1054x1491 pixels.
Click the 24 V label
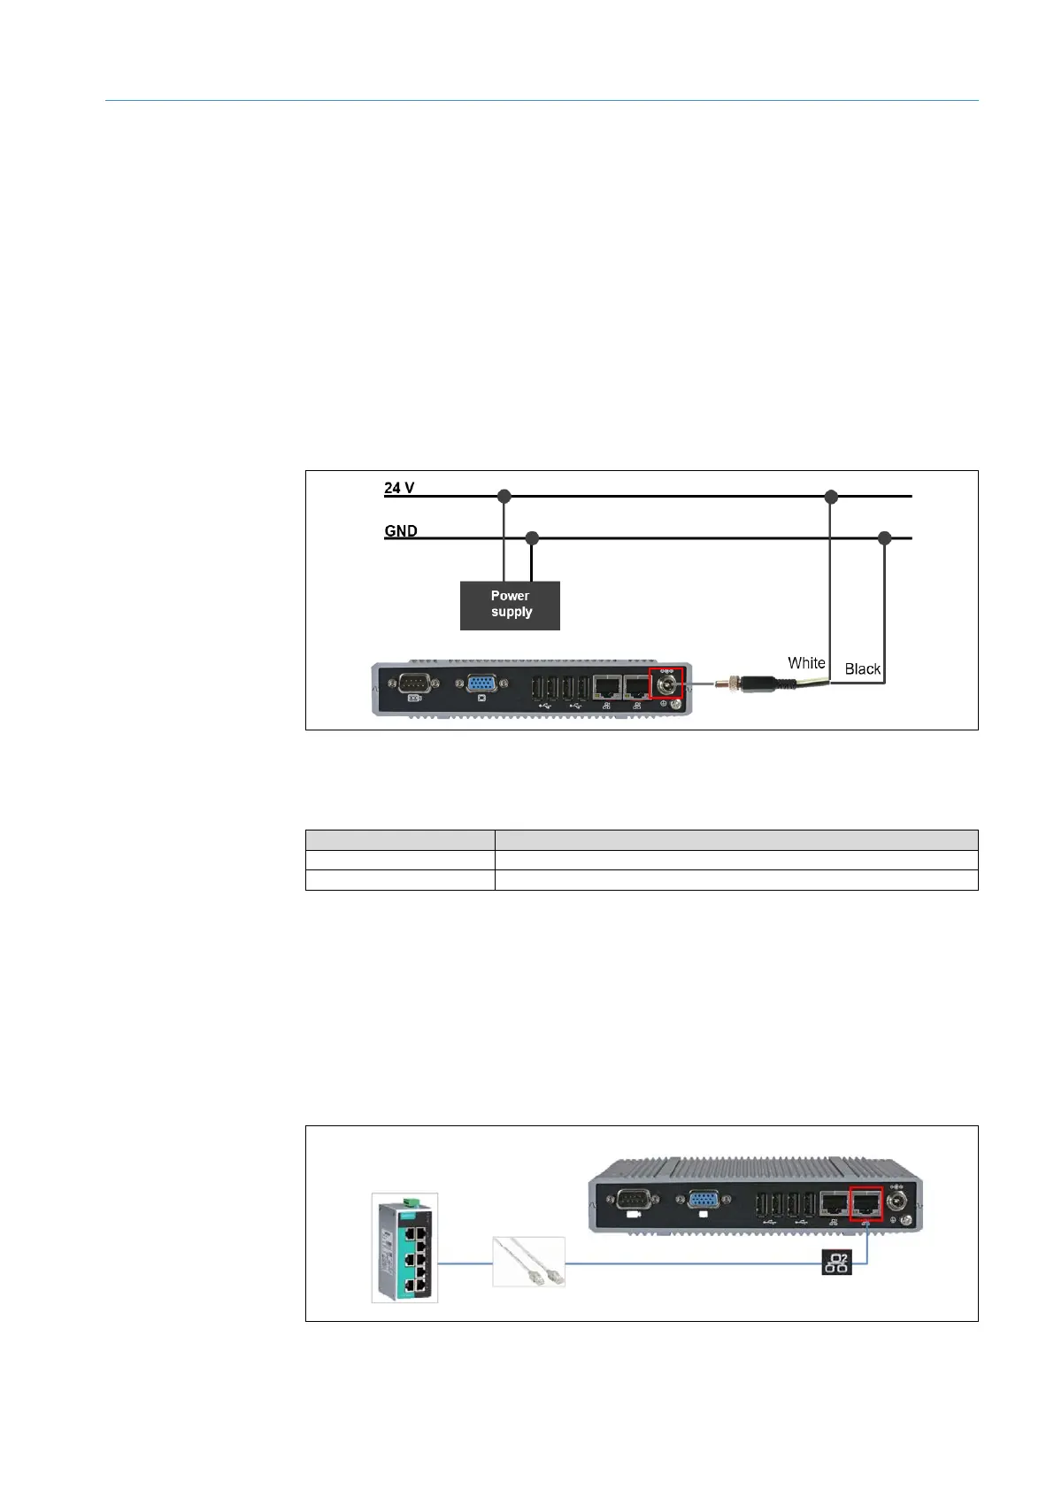399,488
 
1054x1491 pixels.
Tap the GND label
401,531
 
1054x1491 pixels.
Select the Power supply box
510,605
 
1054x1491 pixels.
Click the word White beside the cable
806,663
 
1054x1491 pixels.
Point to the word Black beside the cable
862,669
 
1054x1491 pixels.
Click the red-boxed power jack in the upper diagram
666,683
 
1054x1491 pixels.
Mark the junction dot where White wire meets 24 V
831,497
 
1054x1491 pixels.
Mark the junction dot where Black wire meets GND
883,538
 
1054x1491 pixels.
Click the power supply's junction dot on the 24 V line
504,497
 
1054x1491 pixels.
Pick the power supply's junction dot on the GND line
532,538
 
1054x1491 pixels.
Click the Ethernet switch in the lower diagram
404,1248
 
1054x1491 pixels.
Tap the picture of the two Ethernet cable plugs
528,1262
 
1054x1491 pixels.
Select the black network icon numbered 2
836,1263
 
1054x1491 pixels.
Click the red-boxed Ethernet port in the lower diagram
866,1203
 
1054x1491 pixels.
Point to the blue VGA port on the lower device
703,1201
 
